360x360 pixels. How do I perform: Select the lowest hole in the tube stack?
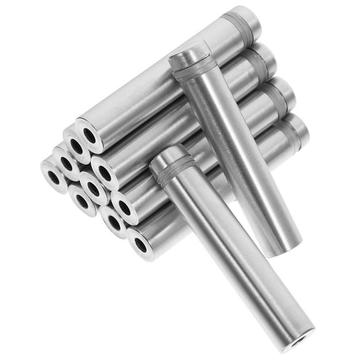141,244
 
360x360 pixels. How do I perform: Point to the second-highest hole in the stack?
77,147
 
